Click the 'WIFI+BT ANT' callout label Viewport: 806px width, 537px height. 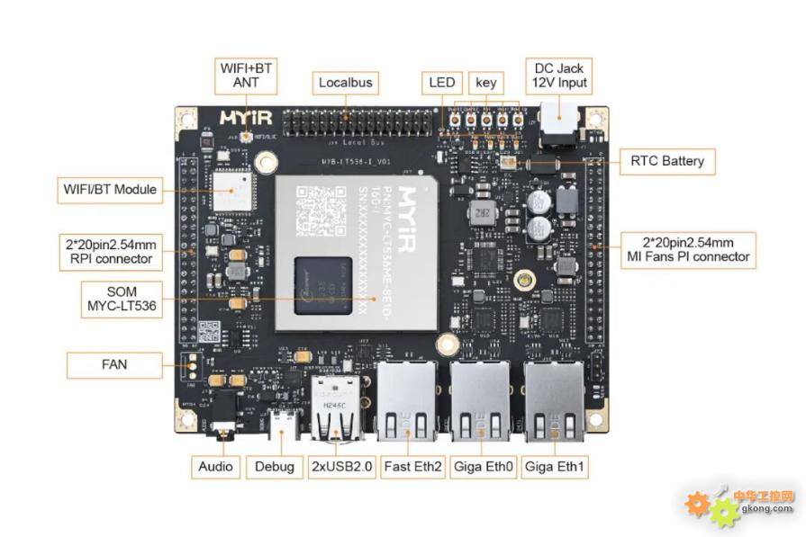[246, 75]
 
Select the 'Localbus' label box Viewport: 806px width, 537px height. [345, 83]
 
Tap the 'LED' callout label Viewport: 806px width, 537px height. [442, 83]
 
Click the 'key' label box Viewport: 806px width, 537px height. [485, 83]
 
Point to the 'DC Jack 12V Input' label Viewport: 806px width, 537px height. [559, 75]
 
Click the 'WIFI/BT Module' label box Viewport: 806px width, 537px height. [110, 190]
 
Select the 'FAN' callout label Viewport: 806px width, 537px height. [114, 365]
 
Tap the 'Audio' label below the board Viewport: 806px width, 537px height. [216, 466]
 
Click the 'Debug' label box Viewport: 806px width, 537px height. [275, 466]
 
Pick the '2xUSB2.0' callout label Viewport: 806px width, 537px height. [342, 466]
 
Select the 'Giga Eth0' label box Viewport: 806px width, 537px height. [480, 466]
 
